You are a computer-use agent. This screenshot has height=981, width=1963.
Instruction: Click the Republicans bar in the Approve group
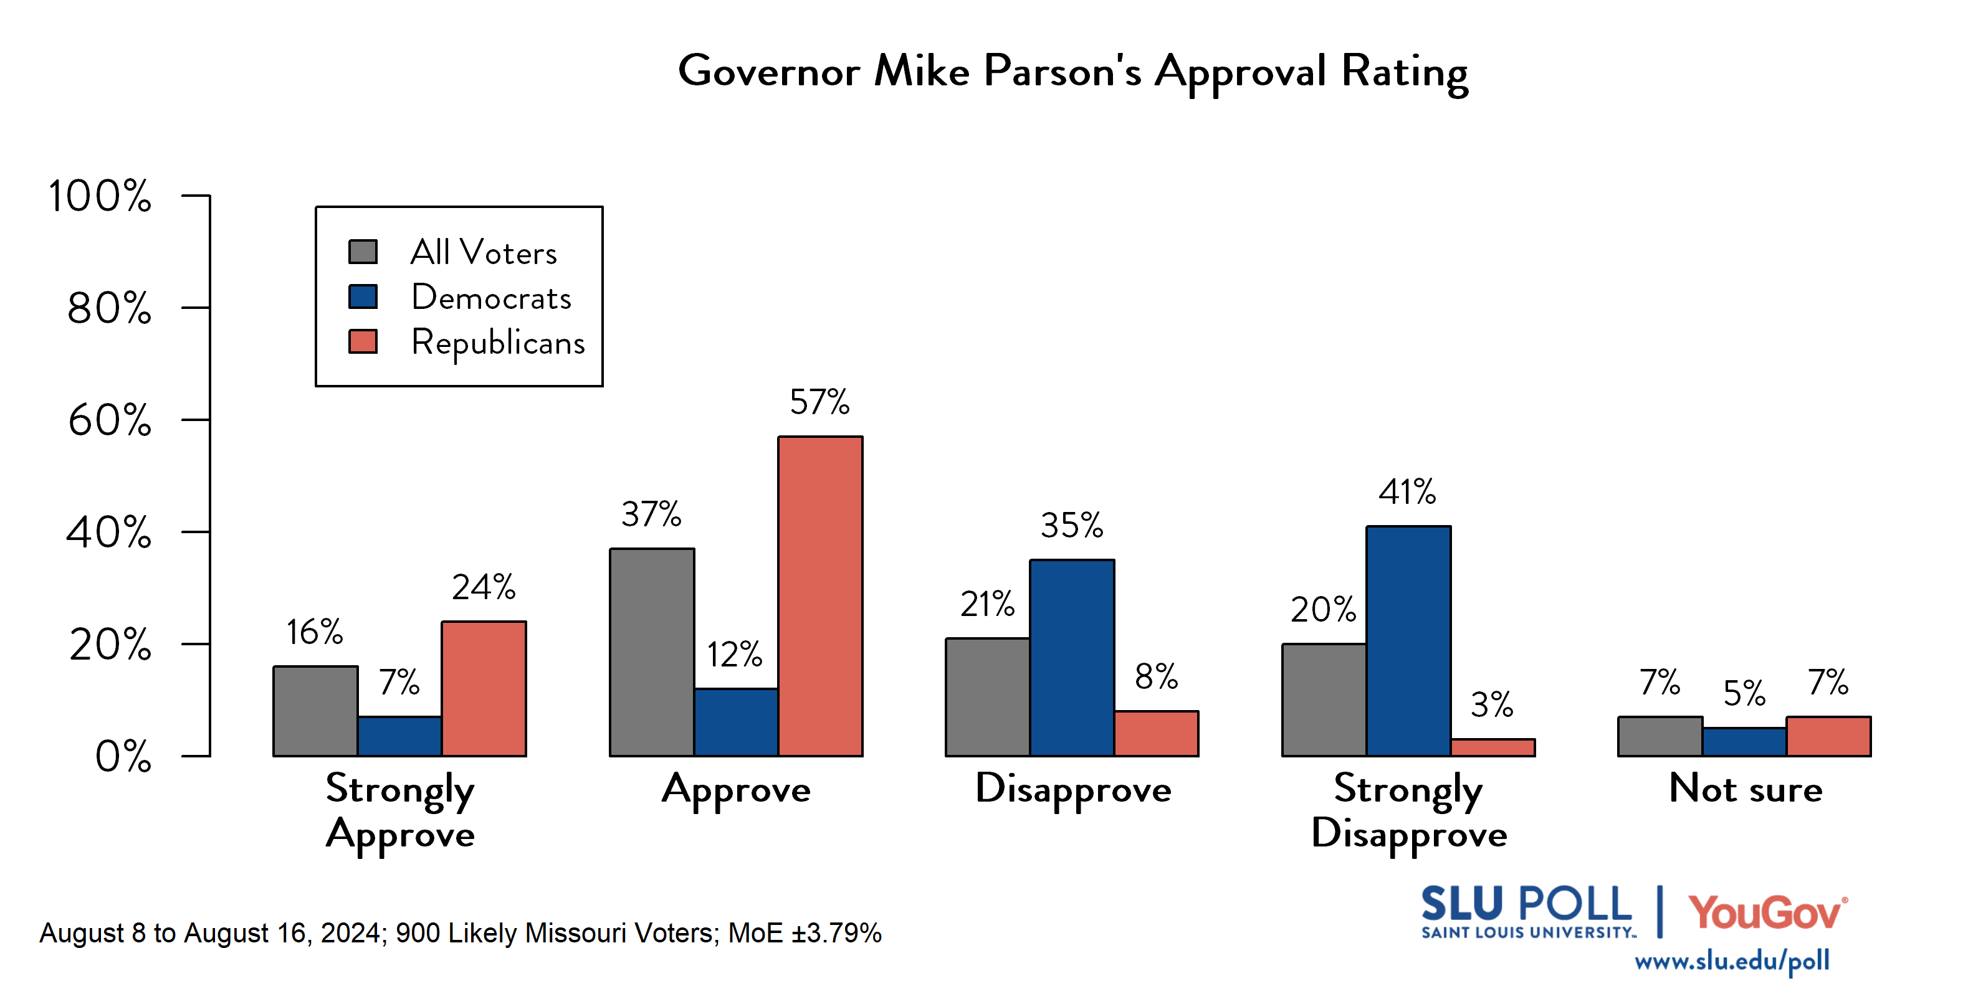pos(820,596)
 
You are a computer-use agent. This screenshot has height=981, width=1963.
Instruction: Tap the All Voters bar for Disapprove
pos(988,697)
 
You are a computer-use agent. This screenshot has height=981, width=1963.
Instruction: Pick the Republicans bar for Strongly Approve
pos(483,688)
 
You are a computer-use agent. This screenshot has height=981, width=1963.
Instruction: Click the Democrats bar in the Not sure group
pos(1744,742)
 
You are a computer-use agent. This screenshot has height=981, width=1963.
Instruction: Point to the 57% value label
pos(819,402)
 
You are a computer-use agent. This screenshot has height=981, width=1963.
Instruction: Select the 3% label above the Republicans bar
pos(1491,705)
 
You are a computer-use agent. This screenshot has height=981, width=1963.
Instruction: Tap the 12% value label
pos(734,655)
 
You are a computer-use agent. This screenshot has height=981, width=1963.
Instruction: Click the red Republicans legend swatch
pos(363,342)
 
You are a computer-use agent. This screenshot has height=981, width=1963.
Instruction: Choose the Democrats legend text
pos(491,298)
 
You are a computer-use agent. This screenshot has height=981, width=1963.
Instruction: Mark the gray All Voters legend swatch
pos(363,252)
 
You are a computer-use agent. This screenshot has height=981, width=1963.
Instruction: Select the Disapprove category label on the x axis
pos(1072,790)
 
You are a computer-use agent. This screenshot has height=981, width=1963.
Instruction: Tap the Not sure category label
pos(1745,789)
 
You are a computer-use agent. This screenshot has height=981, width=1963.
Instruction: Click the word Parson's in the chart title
pos(1063,72)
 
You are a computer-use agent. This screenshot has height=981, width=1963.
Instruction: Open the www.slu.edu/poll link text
pos(1731,961)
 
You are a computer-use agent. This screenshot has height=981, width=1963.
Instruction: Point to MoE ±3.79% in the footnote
pos(804,933)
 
